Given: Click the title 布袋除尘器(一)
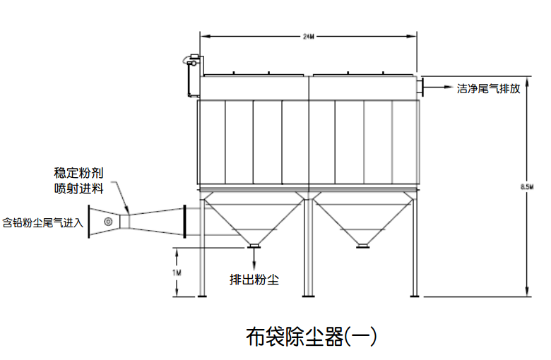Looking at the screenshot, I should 311,336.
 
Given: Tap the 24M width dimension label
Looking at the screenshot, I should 307,36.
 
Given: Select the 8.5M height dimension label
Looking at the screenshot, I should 526,186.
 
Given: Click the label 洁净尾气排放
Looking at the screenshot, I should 489,89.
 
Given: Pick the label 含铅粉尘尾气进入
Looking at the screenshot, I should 43,223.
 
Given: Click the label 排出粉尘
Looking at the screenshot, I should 254,278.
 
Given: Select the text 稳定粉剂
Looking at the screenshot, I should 79,172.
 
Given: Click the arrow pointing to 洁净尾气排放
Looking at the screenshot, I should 439,88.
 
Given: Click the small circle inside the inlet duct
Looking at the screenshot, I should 108,222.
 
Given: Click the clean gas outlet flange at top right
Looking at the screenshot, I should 420,88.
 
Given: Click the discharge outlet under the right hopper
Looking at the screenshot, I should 362,245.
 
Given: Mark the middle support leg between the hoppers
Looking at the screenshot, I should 307,247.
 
